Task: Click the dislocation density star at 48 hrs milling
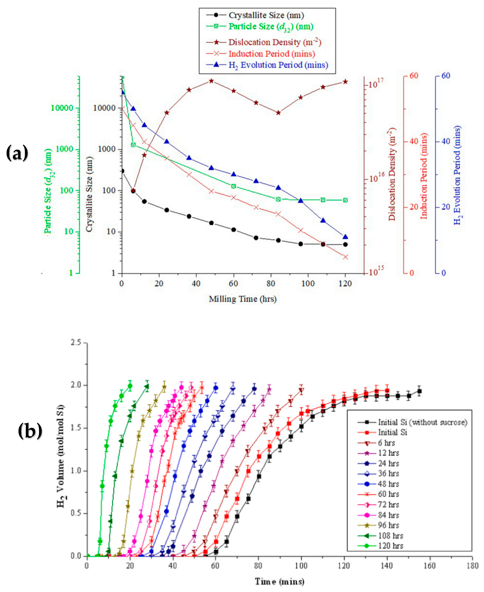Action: [211, 81]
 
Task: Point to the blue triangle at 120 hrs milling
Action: [346, 237]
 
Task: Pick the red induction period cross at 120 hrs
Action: [346, 257]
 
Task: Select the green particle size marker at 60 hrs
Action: [234, 186]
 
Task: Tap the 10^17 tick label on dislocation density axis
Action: [376, 83]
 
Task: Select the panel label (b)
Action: [30, 431]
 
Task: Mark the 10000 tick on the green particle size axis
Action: [62, 108]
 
